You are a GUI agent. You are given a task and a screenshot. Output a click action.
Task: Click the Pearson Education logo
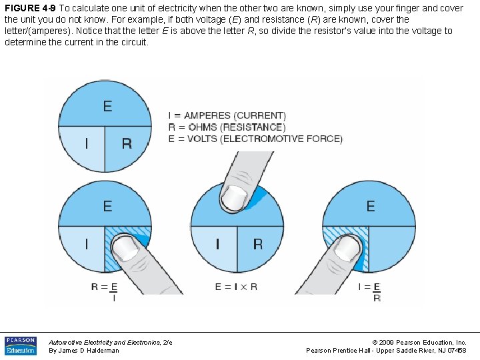coord(20,345)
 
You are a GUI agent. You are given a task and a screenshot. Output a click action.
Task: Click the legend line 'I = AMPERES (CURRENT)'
coord(227,115)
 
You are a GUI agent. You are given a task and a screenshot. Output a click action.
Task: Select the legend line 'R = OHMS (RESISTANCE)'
coord(227,127)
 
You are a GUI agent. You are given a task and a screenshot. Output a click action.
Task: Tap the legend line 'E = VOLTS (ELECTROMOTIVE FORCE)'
coord(255,139)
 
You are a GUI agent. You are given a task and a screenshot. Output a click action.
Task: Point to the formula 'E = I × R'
coord(236,287)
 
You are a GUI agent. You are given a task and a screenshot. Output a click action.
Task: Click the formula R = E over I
coord(105,292)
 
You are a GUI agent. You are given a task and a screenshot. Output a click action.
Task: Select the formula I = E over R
coord(369,292)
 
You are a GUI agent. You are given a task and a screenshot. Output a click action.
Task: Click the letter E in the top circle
coord(107,106)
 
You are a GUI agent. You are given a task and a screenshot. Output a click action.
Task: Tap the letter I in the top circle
coord(86,143)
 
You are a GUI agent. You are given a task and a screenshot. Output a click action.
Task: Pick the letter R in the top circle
coord(127,143)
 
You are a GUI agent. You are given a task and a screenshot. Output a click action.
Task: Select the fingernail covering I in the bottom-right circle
coord(347,248)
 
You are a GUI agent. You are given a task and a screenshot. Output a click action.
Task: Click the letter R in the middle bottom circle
coord(257,244)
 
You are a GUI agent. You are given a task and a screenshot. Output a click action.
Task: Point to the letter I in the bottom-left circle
coord(86,244)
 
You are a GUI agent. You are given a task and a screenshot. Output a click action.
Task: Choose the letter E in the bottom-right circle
coord(371,206)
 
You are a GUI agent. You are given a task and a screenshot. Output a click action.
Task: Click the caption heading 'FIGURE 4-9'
coord(30,7)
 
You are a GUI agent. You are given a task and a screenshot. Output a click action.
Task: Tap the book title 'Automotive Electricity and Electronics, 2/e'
coord(111,342)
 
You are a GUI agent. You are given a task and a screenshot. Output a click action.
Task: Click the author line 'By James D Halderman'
coord(84,351)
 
